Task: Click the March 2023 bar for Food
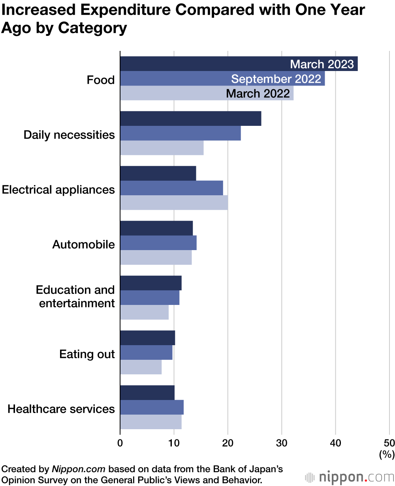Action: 197,64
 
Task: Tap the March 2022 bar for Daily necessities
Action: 162,148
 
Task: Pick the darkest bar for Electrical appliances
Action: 158,174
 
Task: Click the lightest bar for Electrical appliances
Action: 174,203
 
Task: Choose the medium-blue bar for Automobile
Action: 158,243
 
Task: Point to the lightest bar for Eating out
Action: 141,367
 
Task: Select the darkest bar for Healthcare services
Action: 147,393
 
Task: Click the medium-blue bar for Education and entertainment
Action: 149,297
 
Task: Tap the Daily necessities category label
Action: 69,135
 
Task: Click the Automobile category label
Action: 83,245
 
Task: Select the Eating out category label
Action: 87,354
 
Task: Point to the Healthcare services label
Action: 61,409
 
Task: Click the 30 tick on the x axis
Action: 282,442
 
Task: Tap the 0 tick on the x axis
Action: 120,442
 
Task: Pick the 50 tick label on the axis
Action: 389,442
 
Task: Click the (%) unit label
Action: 387,454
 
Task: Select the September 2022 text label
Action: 276,79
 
